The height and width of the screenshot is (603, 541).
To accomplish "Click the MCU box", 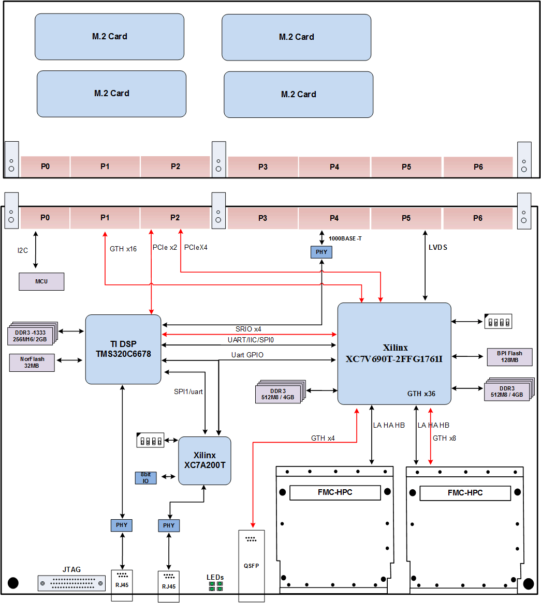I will coord(41,281).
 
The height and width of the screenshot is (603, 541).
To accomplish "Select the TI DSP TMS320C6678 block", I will coord(123,349).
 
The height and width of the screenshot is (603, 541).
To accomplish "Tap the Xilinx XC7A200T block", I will coord(204,460).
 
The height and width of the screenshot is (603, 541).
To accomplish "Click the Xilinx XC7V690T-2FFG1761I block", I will coord(394,353).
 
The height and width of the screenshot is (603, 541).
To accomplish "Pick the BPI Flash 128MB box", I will coord(509,356).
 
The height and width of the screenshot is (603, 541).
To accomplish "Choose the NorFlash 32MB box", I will coord(32,363).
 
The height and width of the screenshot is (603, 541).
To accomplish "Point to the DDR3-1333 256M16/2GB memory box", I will coord(32,336).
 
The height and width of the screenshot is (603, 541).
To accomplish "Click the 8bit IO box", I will coord(145,477).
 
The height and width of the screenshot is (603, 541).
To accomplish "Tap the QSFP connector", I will coord(251,565).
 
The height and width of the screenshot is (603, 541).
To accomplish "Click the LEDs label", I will coord(215,577).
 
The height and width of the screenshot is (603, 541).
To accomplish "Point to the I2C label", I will coord(23,250).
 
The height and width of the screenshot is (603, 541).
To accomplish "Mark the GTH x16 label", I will coord(123,249).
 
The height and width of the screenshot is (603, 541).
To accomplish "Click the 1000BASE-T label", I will coord(345,239).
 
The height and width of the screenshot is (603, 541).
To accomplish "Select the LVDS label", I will coord(438,247).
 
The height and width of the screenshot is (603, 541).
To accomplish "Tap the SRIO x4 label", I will coord(248,329).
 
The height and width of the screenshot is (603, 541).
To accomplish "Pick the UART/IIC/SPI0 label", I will coord(250,340).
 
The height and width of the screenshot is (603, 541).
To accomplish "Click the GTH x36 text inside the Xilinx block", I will coord(421,394).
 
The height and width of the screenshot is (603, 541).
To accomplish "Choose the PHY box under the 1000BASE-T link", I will coord(321,252).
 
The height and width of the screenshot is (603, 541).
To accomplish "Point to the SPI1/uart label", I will coord(188,391).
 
